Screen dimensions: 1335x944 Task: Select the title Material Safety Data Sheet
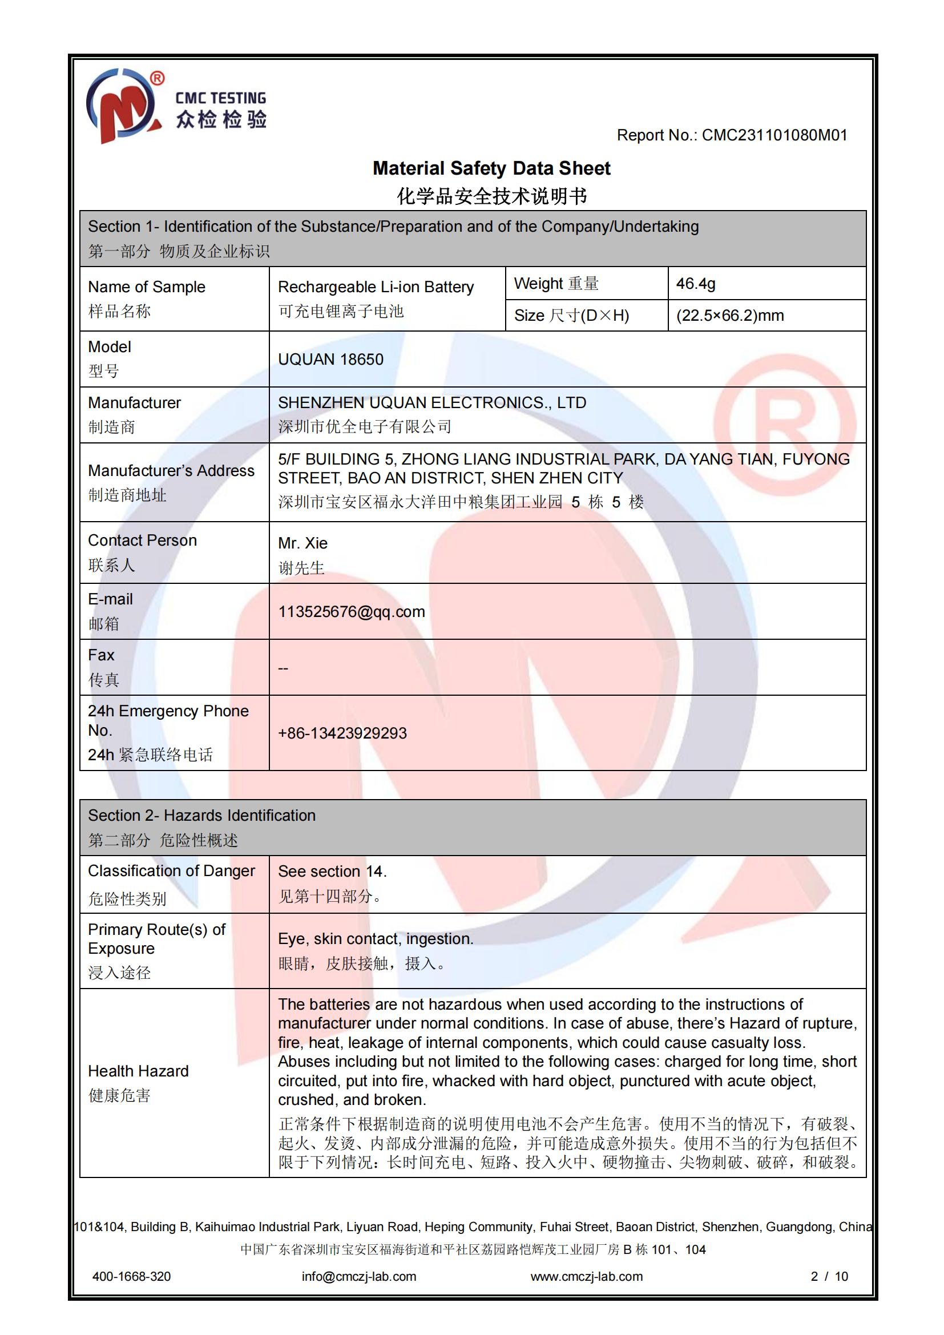(491, 168)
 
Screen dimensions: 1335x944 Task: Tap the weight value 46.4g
(696, 284)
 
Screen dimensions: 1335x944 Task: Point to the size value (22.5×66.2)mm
(730, 316)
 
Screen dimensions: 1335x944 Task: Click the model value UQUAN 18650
(331, 360)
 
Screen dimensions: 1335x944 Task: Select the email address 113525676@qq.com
(352, 612)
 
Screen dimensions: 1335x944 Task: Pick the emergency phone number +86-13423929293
(342, 733)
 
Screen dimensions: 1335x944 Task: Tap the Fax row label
(102, 655)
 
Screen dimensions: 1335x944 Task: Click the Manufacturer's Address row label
(171, 471)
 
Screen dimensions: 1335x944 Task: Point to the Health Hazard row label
(138, 1071)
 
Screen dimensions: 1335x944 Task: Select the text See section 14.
(332, 872)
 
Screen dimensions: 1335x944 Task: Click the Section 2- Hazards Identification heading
(201, 816)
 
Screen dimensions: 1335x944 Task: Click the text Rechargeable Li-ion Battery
(376, 287)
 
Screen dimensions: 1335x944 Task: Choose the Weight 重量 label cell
(556, 284)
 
